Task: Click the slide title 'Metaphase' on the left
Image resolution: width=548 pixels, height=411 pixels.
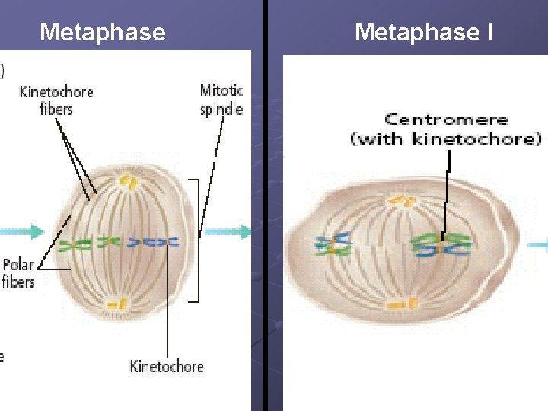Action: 102,32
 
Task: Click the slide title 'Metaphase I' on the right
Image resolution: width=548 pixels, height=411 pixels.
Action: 424,32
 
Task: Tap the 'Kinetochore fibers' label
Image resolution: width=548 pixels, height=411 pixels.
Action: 56,100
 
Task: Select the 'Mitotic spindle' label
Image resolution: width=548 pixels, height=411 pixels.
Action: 221,100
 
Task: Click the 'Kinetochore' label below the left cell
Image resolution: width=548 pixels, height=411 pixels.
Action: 167,367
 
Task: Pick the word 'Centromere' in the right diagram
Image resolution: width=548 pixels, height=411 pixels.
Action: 446,119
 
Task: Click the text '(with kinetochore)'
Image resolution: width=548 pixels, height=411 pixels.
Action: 446,138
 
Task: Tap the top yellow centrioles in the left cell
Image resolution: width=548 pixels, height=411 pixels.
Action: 127,183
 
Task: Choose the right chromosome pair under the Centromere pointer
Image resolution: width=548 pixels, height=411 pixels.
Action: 441,244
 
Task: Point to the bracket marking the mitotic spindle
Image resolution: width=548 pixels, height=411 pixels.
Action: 199,240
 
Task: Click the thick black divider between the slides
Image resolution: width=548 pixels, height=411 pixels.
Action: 265,205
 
